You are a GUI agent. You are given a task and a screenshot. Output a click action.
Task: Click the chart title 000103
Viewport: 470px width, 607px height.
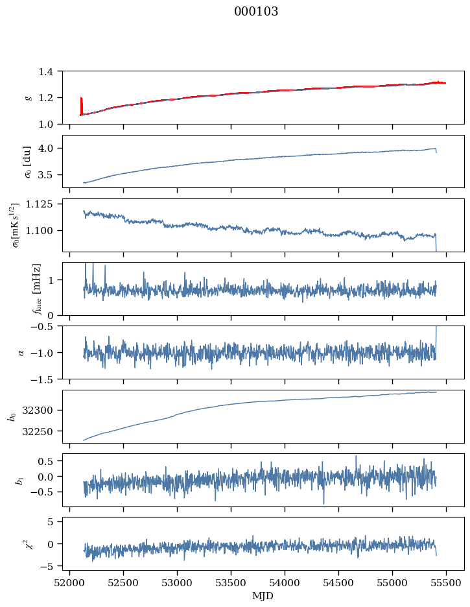click(256, 12)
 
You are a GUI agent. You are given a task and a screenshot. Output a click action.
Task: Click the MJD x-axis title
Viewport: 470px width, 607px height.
click(263, 596)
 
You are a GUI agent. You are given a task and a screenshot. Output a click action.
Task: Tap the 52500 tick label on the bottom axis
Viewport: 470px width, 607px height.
click(123, 583)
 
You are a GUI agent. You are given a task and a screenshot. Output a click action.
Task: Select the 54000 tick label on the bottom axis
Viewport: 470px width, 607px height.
click(285, 583)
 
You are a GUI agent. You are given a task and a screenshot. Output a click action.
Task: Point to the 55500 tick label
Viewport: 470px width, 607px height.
click(446, 583)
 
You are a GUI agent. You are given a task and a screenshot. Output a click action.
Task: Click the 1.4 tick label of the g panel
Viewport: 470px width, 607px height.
click(47, 71)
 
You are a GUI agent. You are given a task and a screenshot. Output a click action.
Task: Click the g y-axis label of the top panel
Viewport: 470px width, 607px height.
click(27, 97)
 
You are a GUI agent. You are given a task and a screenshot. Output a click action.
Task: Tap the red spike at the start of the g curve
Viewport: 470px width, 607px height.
click(81, 106)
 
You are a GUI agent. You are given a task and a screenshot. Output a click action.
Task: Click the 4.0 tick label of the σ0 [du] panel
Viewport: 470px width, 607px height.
click(47, 149)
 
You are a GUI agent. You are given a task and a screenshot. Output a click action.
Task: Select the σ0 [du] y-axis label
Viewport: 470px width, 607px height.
click(27, 161)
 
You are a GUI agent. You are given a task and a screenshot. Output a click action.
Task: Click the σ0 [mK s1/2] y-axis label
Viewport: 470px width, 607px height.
click(17, 225)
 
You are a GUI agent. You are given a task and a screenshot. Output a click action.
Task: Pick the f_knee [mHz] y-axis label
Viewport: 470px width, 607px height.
click(37, 289)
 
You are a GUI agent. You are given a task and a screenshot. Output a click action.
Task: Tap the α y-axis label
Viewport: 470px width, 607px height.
click(21, 352)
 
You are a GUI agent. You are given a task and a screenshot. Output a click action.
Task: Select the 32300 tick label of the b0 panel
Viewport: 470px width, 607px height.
click(39, 411)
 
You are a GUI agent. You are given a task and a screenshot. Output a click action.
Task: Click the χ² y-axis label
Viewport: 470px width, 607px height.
click(29, 542)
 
